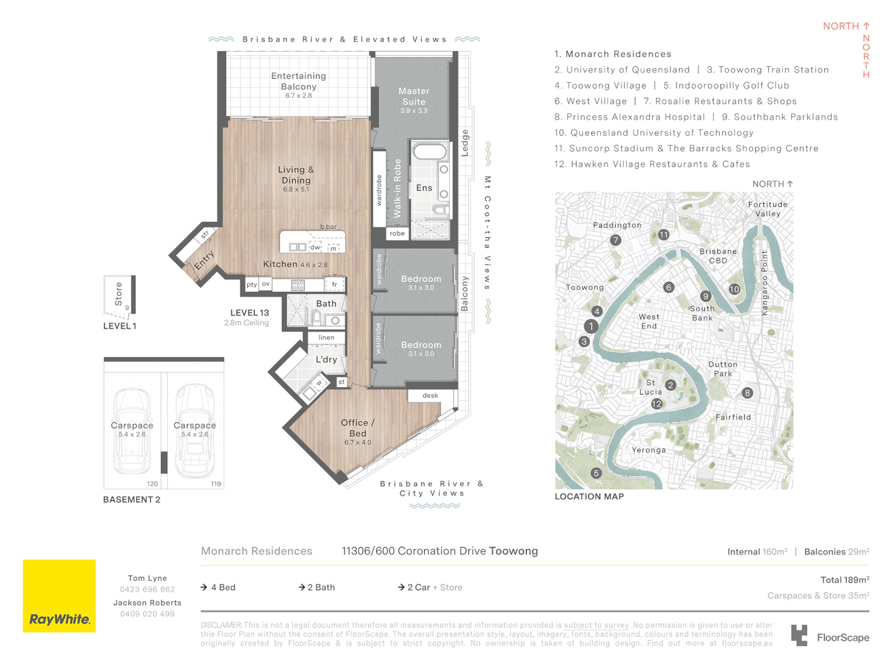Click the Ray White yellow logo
(x=59, y=595)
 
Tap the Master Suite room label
(x=413, y=96)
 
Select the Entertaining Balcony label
(x=299, y=81)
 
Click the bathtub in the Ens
(x=429, y=152)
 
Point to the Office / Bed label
(x=357, y=427)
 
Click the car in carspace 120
(x=132, y=431)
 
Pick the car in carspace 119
(x=195, y=431)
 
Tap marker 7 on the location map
(x=615, y=240)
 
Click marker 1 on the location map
(x=591, y=326)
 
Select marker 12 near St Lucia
(x=656, y=403)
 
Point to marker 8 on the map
(x=747, y=393)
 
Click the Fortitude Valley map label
(x=767, y=209)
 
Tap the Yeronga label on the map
(x=649, y=450)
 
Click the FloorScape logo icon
(x=799, y=635)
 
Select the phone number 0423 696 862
(x=147, y=589)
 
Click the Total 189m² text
(x=844, y=580)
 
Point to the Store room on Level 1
(x=120, y=295)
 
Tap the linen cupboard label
(x=326, y=337)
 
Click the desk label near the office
(x=430, y=395)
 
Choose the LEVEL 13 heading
(x=250, y=313)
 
